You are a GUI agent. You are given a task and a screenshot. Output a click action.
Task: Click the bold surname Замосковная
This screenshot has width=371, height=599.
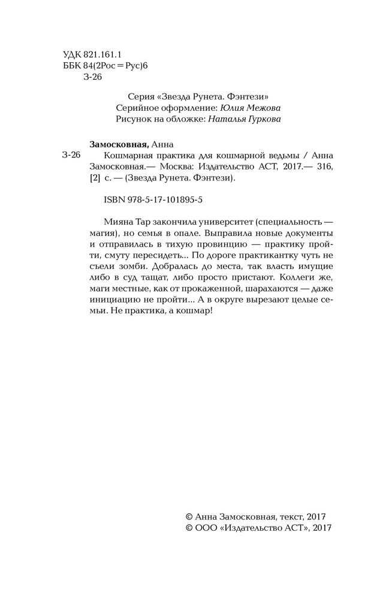pos(117,144)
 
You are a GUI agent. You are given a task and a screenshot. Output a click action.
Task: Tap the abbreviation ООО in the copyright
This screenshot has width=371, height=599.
pos(207,528)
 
